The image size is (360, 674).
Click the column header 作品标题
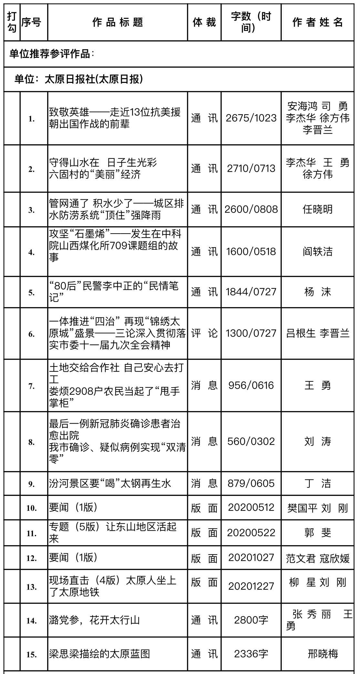pos(118,23)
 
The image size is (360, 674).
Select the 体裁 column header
pos(204,23)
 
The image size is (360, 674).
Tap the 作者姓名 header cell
pos(317,23)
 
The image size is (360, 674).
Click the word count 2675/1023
pos(251,118)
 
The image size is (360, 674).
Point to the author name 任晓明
pos(317,209)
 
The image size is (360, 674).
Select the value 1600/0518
pos(251,252)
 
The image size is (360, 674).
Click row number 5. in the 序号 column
pos(31,293)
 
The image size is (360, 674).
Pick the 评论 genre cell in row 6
pos(204,333)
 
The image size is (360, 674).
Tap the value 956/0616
pos(251,385)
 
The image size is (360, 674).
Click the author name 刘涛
pos(317,441)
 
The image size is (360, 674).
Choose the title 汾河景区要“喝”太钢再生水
pos(110,483)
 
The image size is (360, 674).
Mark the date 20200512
pos(251,508)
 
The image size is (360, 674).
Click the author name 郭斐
pos(317,533)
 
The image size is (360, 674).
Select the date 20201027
pos(251,558)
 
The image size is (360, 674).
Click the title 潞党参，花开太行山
pos(94,620)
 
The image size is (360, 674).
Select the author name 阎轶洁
pos(317,252)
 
